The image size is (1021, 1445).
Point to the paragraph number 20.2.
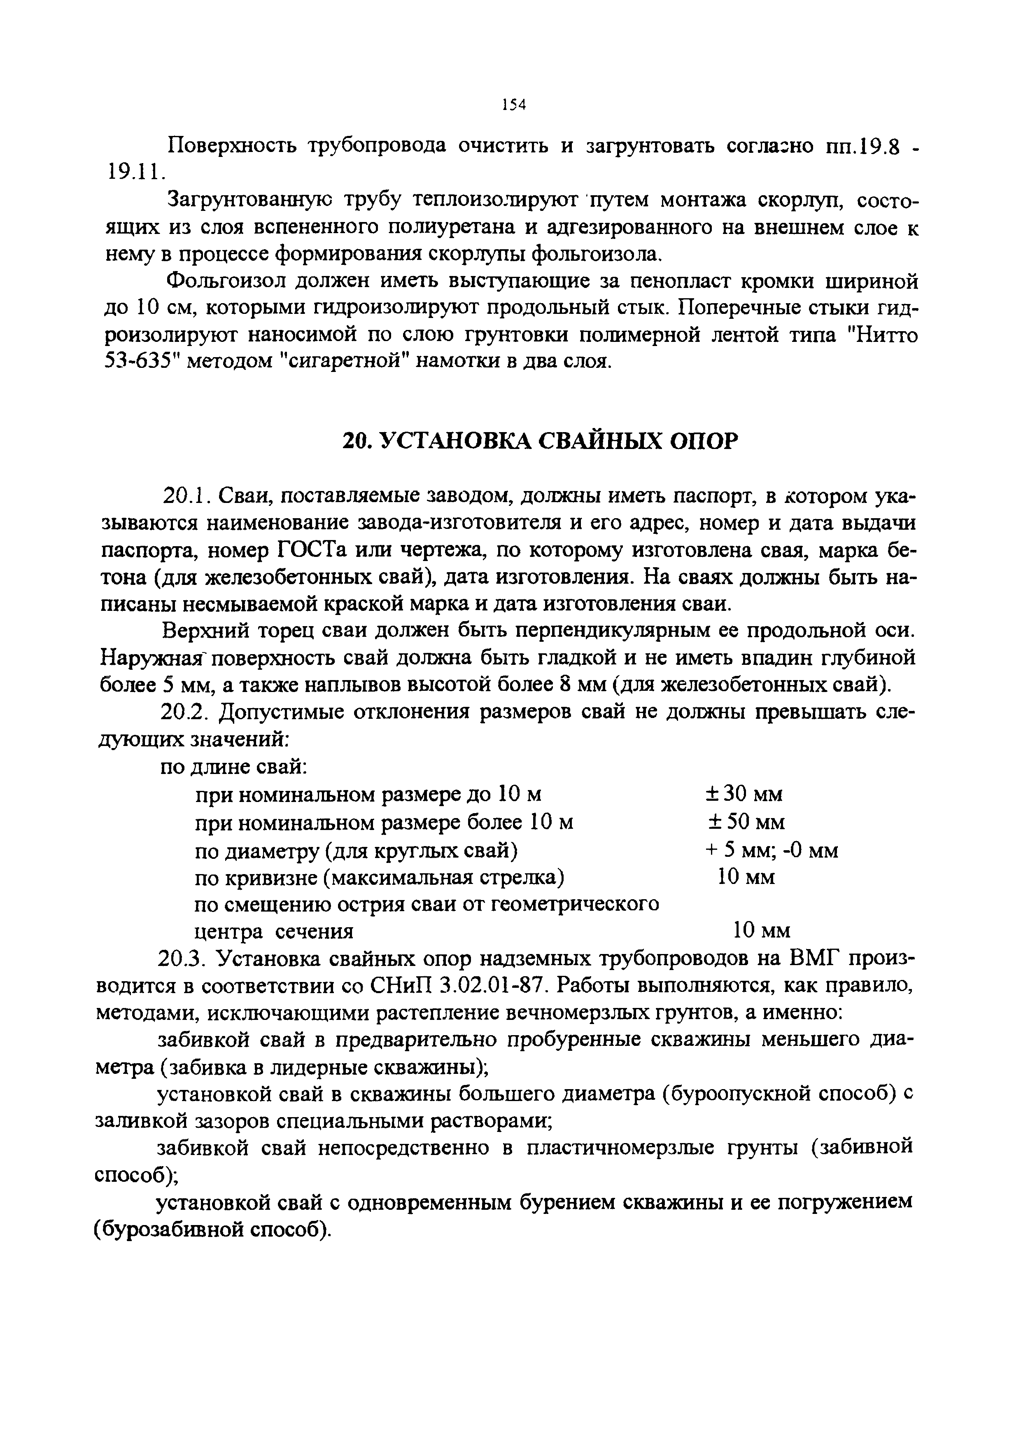(x=183, y=713)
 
